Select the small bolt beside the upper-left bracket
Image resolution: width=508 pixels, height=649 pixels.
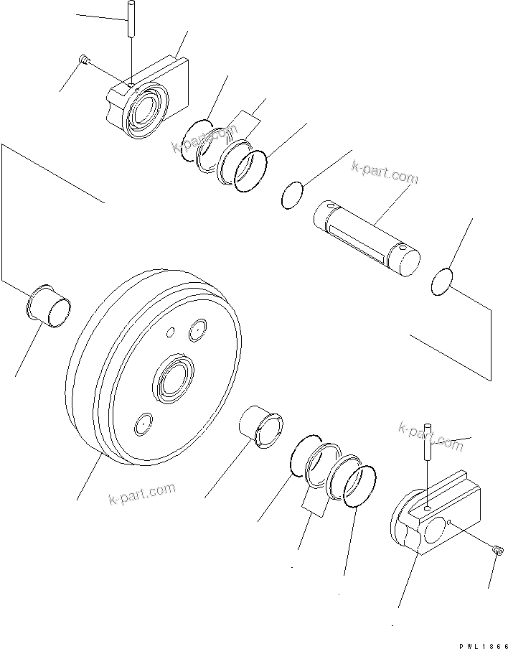[x=85, y=61]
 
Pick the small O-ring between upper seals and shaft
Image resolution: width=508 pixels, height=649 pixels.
[x=292, y=196]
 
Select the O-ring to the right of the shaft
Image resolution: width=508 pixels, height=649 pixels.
[x=443, y=281]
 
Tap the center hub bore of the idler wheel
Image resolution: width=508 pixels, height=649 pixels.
[x=173, y=378]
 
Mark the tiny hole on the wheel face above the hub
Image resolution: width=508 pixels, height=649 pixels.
[x=170, y=332]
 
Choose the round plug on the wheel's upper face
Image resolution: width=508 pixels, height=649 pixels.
[x=197, y=331]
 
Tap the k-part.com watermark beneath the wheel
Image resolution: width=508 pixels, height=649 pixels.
[x=142, y=493]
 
